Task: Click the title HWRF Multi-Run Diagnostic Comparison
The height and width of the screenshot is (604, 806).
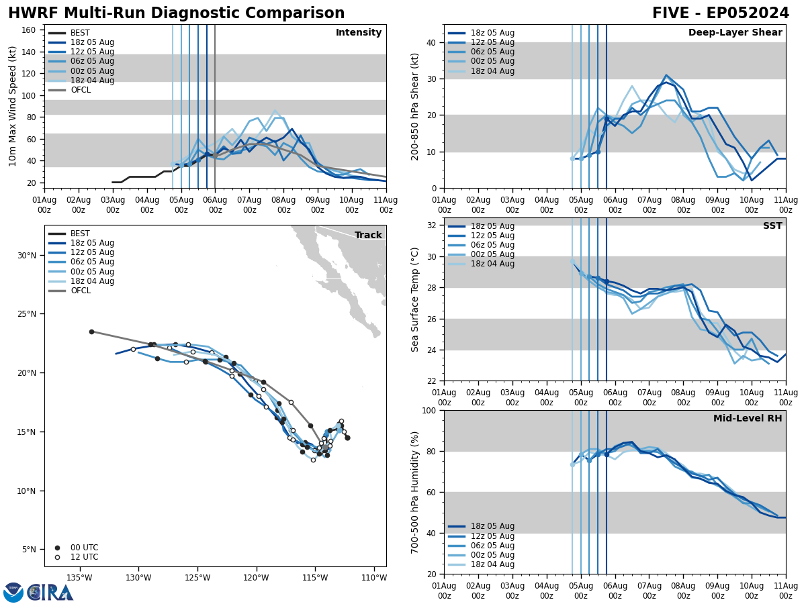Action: [x=176, y=13]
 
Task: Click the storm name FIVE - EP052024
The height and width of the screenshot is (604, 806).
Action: [x=720, y=13]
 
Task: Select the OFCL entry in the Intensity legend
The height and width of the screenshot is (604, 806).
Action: [x=81, y=90]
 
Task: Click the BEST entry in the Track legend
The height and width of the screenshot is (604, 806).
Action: [x=80, y=234]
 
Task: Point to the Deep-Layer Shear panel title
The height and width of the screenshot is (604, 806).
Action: [x=735, y=33]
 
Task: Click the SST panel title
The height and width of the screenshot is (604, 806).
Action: [x=772, y=226]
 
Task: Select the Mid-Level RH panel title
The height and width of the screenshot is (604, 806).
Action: [x=748, y=419]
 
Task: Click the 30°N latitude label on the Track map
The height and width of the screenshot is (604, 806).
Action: [x=27, y=255]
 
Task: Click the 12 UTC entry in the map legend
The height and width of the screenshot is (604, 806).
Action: [x=84, y=557]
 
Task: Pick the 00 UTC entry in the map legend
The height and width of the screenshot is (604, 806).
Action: [x=84, y=548]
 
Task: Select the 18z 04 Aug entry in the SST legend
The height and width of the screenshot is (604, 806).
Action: [x=492, y=264]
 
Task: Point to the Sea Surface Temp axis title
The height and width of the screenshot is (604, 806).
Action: [x=416, y=299]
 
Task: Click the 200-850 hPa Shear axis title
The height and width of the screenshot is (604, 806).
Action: [x=416, y=106]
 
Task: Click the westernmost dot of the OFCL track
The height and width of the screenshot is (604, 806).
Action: [x=91, y=332]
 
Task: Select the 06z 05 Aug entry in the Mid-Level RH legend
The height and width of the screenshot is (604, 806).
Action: [x=492, y=546]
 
